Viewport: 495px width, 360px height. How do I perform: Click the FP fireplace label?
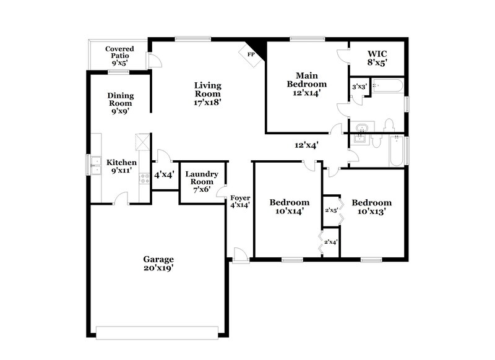pyautogui.click(x=251, y=54)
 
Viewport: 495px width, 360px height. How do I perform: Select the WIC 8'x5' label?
pyautogui.click(x=377, y=58)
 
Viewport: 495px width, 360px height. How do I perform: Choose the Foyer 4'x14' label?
pyautogui.click(x=239, y=202)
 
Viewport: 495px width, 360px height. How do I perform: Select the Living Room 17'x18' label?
pyautogui.click(x=208, y=93)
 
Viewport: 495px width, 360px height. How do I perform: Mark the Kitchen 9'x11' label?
pyautogui.click(x=121, y=166)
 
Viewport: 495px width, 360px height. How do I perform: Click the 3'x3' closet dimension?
pyautogui.click(x=359, y=87)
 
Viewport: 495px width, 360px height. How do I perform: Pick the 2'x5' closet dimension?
pyautogui.click(x=331, y=210)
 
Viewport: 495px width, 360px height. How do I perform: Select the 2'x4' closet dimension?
pyautogui.click(x=331, y=242)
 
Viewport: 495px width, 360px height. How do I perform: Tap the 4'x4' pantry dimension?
pyautogui.click(x=164, y=175)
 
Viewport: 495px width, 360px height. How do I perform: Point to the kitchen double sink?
pyautogui.click(x=96, y=166)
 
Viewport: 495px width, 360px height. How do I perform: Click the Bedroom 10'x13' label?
pyautogui.click(x=371, y=207)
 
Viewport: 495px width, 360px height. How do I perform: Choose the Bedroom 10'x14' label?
pyautogui.click(x=289, y=207)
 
